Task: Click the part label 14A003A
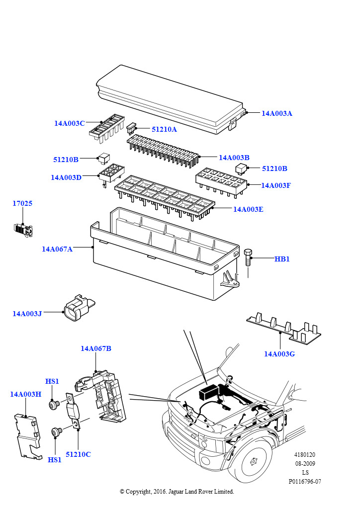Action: pyautogui.click(x=276, y=113)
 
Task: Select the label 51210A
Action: pyautogui.click(x=164, y=129)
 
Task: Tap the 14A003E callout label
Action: pyautogui.click(x=248, y=209)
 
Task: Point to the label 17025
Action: pyautogui.click(x=22, y=203)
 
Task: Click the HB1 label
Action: pyautogui.click(x=282, y=259)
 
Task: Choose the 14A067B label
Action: pyautogui.click(x=96, y=348)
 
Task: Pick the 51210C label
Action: pyautogui.click(x=78, y=454)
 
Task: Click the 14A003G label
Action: pyautogui.click(x=279, y=354)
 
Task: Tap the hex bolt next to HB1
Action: pyautogui.click(x=248, y=258)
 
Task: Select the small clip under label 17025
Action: pyautogui.click(x=23, y=230)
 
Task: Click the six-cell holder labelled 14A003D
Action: pyautogui.click(x=111, y=174)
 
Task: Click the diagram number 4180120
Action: pyautogui.click(x=304, y=455)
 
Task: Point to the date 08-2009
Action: pyautogui.click(x=305, y=464)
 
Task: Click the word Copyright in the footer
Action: pyautogui.click(x=138, y=492)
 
